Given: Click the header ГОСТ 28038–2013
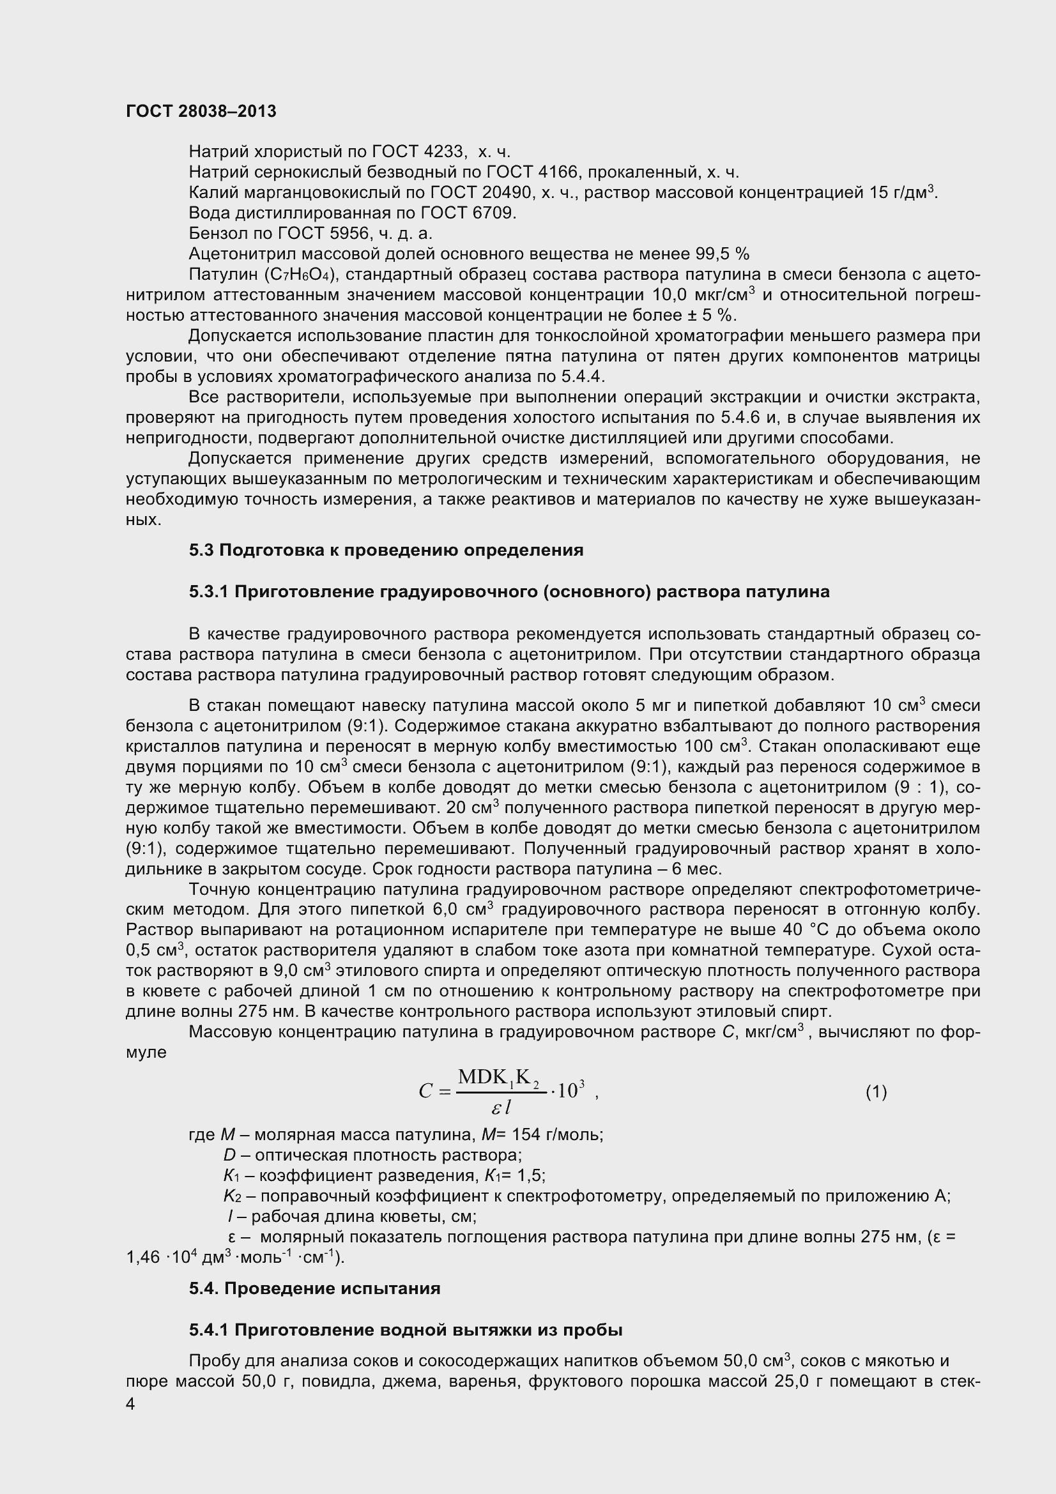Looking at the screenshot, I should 201,112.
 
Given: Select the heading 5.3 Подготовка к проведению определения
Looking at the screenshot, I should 386,551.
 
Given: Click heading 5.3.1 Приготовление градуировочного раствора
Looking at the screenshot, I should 509,592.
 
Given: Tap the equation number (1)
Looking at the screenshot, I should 876,1092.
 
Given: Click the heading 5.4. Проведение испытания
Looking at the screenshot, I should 314,1289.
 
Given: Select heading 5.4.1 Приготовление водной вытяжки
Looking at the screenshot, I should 406,1330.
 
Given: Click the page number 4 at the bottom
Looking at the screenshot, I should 130,1405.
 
